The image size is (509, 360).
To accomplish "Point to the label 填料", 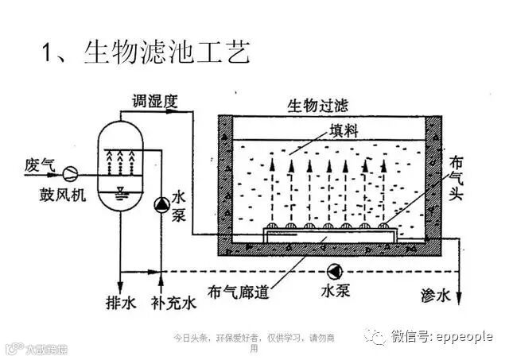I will [x=327, y=130].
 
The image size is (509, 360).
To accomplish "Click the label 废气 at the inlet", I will [x=40, y=165].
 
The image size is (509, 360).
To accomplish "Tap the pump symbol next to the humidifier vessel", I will [x=161, y=206].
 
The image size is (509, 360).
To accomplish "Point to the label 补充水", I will [x=173, y=303].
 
